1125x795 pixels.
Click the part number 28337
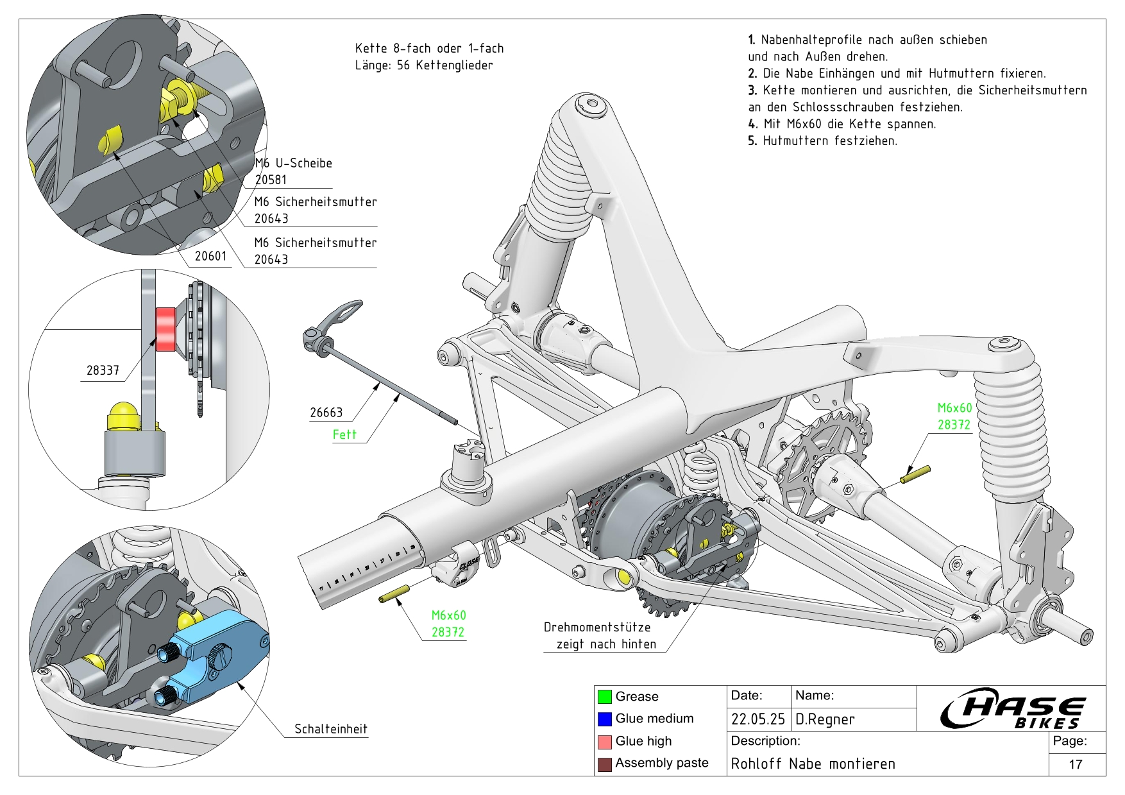tap(103, 371)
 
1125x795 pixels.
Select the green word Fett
tap(344, 435)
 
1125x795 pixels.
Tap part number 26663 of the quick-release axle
tap(326, 413)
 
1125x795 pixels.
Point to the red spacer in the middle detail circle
tap(165, 329)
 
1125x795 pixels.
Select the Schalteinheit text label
tap(330, 729)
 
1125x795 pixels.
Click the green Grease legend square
tap(604, 697)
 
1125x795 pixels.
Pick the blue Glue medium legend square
tap(604, 719)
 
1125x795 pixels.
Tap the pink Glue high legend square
tap(604, 742)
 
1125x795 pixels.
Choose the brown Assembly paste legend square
tap(604, 764)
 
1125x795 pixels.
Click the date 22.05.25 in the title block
tap(757, 719)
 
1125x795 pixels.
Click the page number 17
tap(1076, 764)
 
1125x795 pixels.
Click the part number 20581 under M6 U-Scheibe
tap(271, 180)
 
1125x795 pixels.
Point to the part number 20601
tap(210, 256)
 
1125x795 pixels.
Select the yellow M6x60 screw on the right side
tap(915, 475)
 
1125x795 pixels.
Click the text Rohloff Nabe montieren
tap(813, 764)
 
